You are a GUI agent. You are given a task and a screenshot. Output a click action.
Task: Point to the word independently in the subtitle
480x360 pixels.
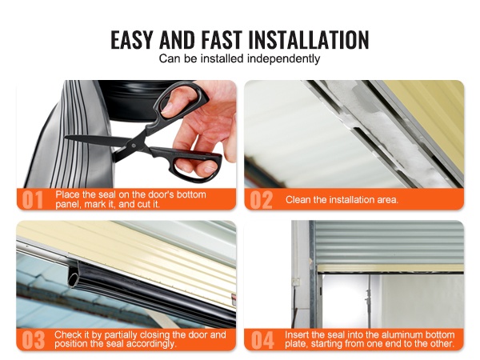point(284,58)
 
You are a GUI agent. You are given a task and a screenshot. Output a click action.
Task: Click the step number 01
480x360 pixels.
point(33,200)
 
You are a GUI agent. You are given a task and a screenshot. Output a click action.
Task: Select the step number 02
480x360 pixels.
point(261,200)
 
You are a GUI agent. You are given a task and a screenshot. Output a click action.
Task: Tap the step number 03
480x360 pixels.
point(34,340)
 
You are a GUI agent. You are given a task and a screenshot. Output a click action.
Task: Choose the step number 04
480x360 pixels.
point(262,340)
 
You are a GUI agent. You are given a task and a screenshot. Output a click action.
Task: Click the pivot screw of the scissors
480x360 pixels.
point(134,145)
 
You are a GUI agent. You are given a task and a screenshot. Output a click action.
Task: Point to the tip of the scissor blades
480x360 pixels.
point(66,137)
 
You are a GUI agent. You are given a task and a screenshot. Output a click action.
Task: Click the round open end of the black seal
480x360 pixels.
point(73,278)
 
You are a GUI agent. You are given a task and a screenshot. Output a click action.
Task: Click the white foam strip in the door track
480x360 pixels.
point(395,133)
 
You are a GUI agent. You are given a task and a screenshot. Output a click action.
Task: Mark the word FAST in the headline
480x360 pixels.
point(222,40)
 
